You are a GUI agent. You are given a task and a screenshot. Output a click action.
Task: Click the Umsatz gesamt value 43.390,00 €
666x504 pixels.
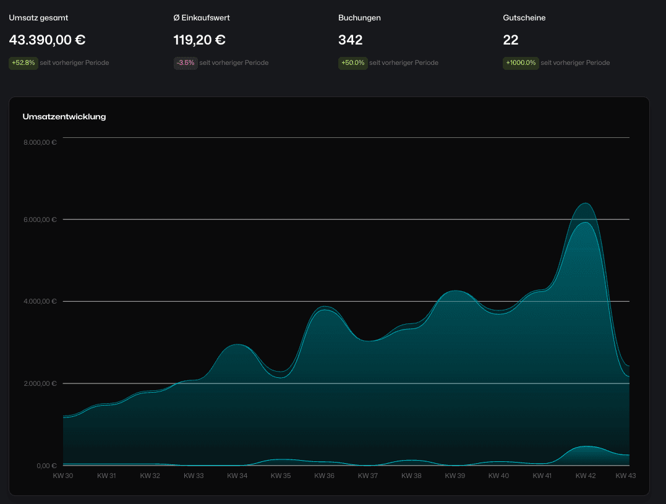[47, 40]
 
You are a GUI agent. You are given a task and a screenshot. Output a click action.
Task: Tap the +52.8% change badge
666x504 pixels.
[23, 62]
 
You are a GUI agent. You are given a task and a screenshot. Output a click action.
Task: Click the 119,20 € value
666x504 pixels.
[199, 40]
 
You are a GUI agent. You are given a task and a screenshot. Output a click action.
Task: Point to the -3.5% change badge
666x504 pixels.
[186, 62]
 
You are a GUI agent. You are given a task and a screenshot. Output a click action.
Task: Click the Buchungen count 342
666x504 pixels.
[350, 40]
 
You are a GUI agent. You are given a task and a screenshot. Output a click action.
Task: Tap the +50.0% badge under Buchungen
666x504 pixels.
[352, 62]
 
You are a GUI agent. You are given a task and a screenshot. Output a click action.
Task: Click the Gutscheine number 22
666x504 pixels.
[511, 40]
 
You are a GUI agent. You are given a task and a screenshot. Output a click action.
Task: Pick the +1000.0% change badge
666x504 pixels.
[520, 62]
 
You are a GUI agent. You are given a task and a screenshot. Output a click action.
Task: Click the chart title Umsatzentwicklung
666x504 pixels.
[64, 116]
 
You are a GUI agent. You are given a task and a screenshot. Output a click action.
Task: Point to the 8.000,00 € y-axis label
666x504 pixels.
[40, 142]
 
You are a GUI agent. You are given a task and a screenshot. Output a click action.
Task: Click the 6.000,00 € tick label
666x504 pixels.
[40, 220]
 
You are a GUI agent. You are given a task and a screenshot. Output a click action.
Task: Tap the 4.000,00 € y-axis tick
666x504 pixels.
[40, 302]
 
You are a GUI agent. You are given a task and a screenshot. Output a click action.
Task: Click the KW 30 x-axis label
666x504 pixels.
[63, 476]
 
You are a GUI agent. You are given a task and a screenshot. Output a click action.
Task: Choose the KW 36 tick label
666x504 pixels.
[324, 476]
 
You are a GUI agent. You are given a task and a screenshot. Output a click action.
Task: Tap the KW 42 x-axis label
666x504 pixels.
[585, 476]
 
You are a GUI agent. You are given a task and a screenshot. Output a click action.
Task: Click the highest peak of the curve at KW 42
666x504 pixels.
[585, 203]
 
